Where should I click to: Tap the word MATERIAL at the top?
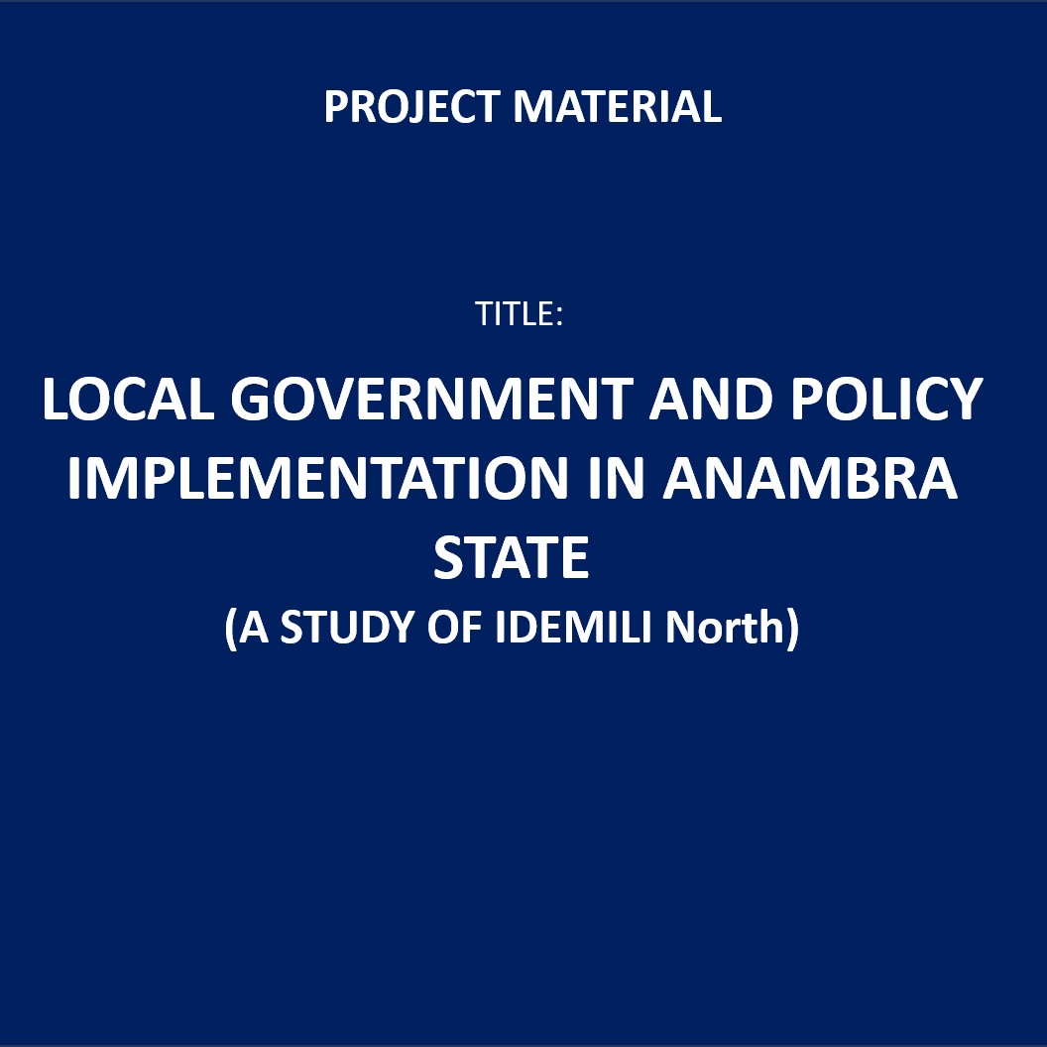(618, 107)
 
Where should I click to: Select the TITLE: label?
(519, 313)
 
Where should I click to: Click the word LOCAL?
(128, 399)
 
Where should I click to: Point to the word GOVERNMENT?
(432, 399)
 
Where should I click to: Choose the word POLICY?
(887, 399)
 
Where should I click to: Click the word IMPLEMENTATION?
(318, 478)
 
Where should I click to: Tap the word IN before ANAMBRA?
(617, 478)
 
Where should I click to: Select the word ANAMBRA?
(810, 478)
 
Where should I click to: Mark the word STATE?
(512, 557)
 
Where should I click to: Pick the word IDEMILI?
(574, 627)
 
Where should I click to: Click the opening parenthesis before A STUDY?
(230, 629)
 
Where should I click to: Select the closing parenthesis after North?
(792, 629)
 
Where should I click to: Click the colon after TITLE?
(559, 316)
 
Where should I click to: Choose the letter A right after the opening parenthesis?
(254, 627)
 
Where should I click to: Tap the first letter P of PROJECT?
(336, 107)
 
